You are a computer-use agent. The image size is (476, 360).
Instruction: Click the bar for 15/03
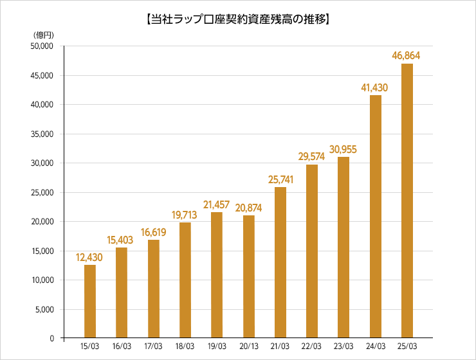tap(90, 301)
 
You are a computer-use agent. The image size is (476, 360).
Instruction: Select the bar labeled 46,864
tap(407, 201)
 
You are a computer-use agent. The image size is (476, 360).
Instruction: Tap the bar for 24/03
tap(375, 217)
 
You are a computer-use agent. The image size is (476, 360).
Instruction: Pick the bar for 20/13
tap(248, 276)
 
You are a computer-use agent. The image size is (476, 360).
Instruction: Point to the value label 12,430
tap(89, 257)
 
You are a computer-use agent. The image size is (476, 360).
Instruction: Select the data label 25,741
tap(280, 179)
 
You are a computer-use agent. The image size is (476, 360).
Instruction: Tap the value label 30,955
tap(343, 149)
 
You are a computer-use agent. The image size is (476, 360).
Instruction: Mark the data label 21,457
tap(217, 204)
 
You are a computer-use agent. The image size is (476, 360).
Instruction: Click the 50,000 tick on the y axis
tap(42, 46)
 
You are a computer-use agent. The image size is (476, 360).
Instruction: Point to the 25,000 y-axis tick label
tap(42, 192)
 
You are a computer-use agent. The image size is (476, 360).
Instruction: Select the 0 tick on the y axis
tap(51, 338)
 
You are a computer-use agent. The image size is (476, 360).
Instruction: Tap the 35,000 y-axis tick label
tap(42, 134)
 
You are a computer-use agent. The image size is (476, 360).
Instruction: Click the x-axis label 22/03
tap(312, 346)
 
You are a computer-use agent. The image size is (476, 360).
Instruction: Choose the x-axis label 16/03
tap(122, 346)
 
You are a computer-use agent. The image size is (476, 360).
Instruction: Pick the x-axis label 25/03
tap(407, 346)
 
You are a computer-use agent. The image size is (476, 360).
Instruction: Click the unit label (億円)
tap(43, 34)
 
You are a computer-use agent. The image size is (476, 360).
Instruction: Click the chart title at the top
tap(237, 19)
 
